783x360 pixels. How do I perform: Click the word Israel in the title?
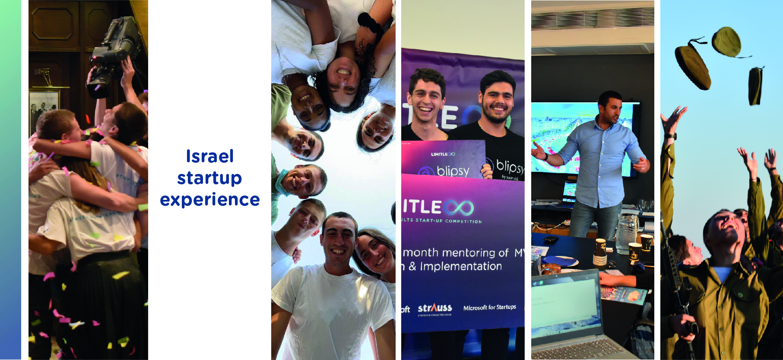point(210,156)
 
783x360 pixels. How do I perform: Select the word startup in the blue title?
point(209,178)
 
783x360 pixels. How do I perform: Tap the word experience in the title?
point(210,200)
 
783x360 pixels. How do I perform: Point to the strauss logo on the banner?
point(434,308)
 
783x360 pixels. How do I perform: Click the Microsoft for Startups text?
point(489,307)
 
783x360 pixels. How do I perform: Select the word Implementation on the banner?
point(461,266)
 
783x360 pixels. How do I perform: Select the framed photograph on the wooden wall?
point(44,110)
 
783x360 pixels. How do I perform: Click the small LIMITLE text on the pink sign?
point(443,154)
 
